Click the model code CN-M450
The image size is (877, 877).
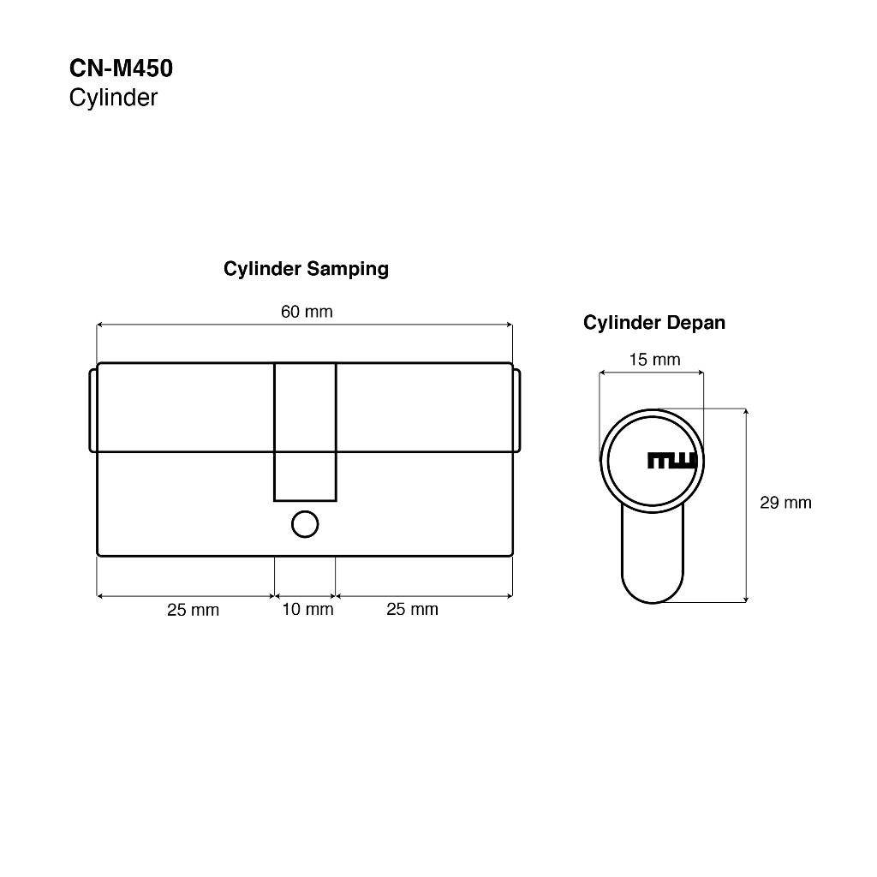point(121,69)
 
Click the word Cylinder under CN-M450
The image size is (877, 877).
point(114,98)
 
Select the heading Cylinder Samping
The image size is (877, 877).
point(306,269)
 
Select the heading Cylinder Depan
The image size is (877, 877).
point(653,323)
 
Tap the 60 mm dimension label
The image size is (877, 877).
point(307,312)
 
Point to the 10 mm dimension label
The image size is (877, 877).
point(307,609)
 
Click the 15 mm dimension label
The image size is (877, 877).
point(654,360)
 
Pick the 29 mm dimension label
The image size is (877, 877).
point(785,503)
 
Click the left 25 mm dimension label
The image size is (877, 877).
point(193,610)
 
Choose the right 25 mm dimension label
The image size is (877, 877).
point(412,609)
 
